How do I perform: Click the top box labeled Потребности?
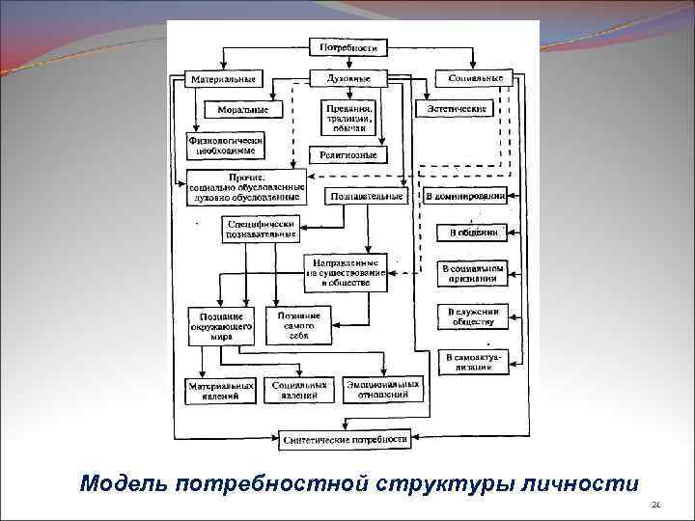coord(348,46)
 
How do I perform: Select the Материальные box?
coord(223,78)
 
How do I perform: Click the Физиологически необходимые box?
coord(226,145)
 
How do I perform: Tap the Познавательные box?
coord(367,196)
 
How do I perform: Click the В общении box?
coord(472,233)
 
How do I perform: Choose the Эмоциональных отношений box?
coord(384,389)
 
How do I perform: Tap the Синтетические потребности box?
coord(345,439)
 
